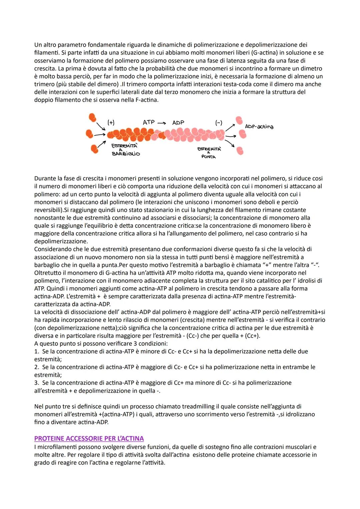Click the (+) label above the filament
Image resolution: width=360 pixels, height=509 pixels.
[111, 123]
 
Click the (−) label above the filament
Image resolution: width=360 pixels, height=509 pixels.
[219, 123]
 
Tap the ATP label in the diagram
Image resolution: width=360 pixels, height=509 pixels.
[149, 122]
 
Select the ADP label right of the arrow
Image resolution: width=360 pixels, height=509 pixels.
[178, 123]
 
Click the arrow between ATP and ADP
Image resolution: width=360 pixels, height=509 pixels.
[162, 123]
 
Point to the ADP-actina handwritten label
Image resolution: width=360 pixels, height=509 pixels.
[259, 126]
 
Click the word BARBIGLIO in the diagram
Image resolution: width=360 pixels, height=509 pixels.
[126, 154]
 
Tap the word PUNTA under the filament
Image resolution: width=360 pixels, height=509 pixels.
[209, 157]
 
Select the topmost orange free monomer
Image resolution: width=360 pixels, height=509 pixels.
[92, 117]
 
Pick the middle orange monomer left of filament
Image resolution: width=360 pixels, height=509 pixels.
[89, 134]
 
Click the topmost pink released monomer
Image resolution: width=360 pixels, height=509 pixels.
[239, 120]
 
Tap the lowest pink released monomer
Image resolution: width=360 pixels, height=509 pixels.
[240, 151]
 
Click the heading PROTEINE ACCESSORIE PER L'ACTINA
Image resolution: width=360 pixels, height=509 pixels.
[89, 438]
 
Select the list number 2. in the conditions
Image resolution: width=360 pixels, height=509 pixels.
[37, 367]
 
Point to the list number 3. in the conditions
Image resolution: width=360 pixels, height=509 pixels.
[37, 383]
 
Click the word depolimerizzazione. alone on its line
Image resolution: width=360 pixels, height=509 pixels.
[61, 241]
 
